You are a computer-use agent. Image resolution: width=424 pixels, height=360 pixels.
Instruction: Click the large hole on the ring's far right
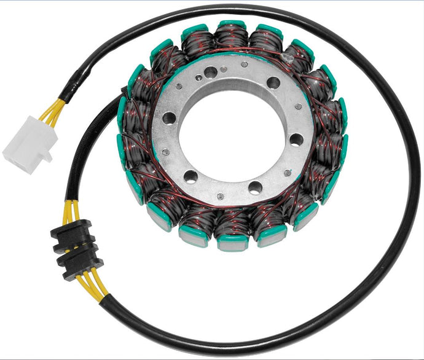coord(297,139)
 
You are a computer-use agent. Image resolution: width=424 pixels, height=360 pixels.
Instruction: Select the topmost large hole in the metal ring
coord(211,72)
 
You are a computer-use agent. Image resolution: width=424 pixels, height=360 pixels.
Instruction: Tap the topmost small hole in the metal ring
coord(244,63)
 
